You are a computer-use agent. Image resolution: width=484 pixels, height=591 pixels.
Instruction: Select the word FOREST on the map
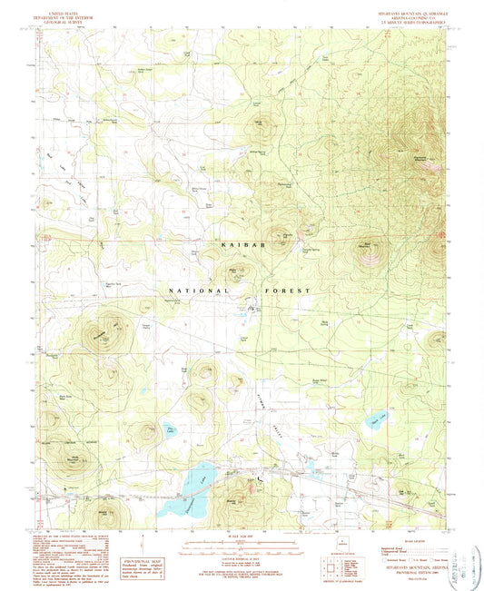click(x=289, y=291)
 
